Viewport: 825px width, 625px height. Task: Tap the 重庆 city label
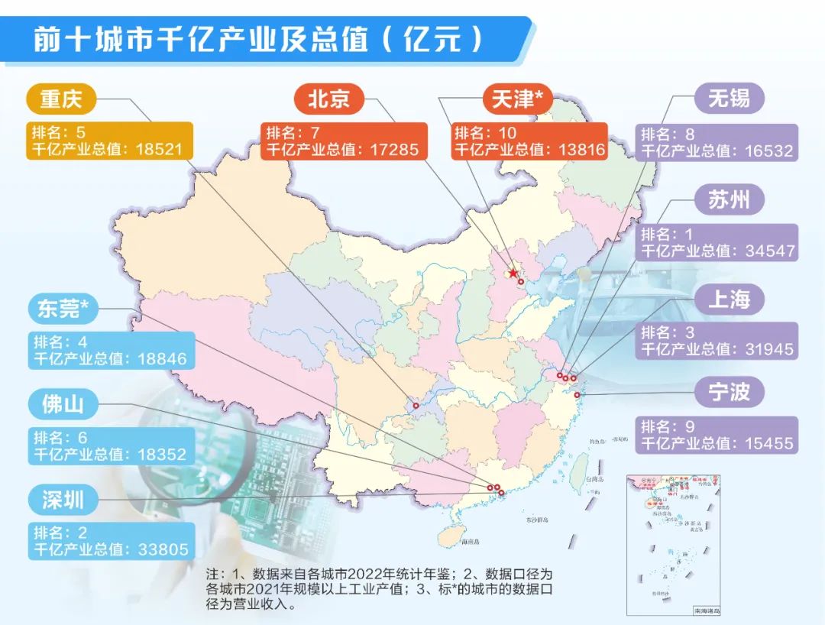click(60, 99)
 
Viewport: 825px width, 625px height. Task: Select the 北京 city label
click(328, 99)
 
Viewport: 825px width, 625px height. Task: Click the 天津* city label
click(517, 99)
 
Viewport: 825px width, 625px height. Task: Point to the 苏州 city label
click(729, 200)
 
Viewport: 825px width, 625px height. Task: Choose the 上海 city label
click(729, 300)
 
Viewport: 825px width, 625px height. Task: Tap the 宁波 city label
click(729, 393)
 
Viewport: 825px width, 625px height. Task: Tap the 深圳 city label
click(63, 500)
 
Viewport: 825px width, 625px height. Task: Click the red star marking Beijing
click(513, 274)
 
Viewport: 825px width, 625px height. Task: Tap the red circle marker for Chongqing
click(416, 406)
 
